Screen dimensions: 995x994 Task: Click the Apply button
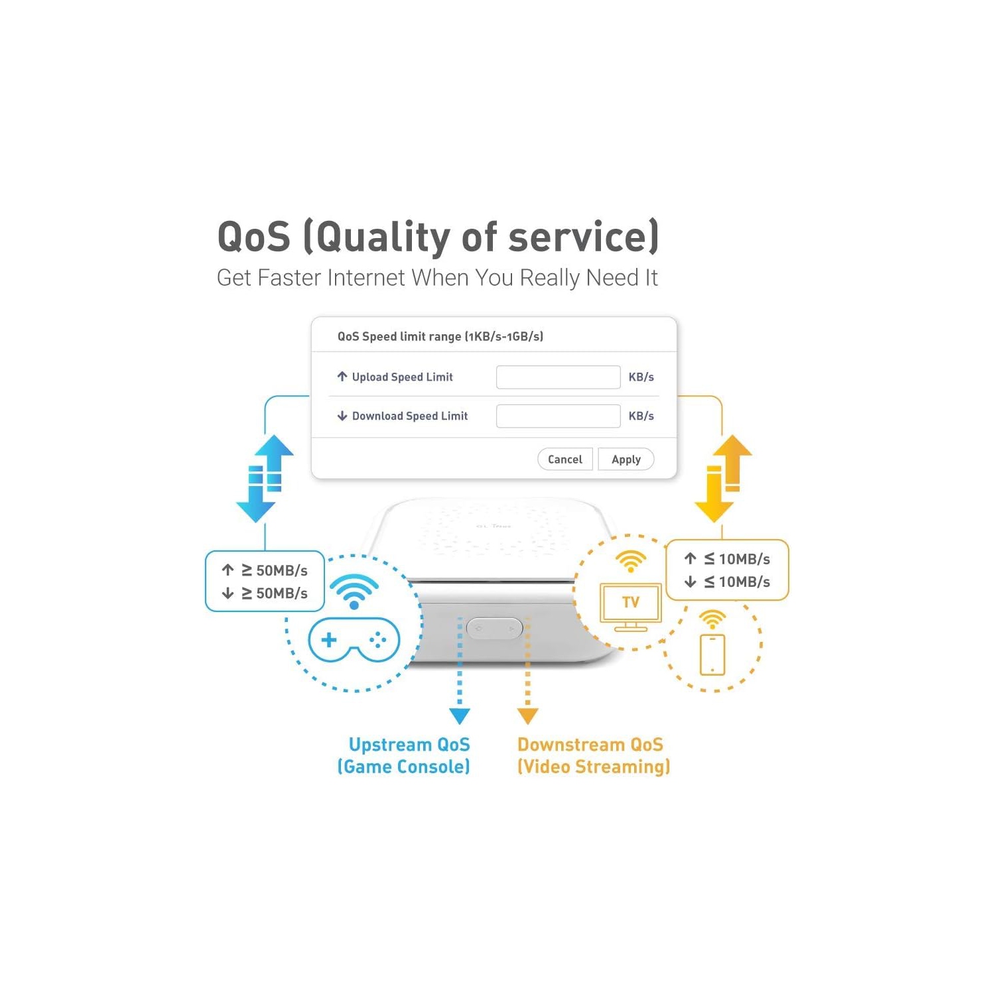click(x=626, y=460)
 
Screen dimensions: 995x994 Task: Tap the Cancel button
click(x=565, y=460)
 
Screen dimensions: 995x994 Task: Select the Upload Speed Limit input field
click(x=558, y=377)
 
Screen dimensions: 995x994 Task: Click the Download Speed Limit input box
click(x=558, y=416)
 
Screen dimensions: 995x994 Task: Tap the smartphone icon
click(x=712, y=654)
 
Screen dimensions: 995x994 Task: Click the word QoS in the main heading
click(x=254, y=237)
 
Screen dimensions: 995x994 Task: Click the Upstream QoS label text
click(x=409, y=745)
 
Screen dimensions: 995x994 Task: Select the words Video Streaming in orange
click(x=594, y=767)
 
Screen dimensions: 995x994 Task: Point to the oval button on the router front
click(x=495, y=628)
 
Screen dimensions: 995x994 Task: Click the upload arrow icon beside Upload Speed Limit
click(x=342, y=377)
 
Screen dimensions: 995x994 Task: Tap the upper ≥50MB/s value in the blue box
click(x=275, y=570)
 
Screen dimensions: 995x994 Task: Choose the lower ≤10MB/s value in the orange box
click(x=737, y=582)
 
